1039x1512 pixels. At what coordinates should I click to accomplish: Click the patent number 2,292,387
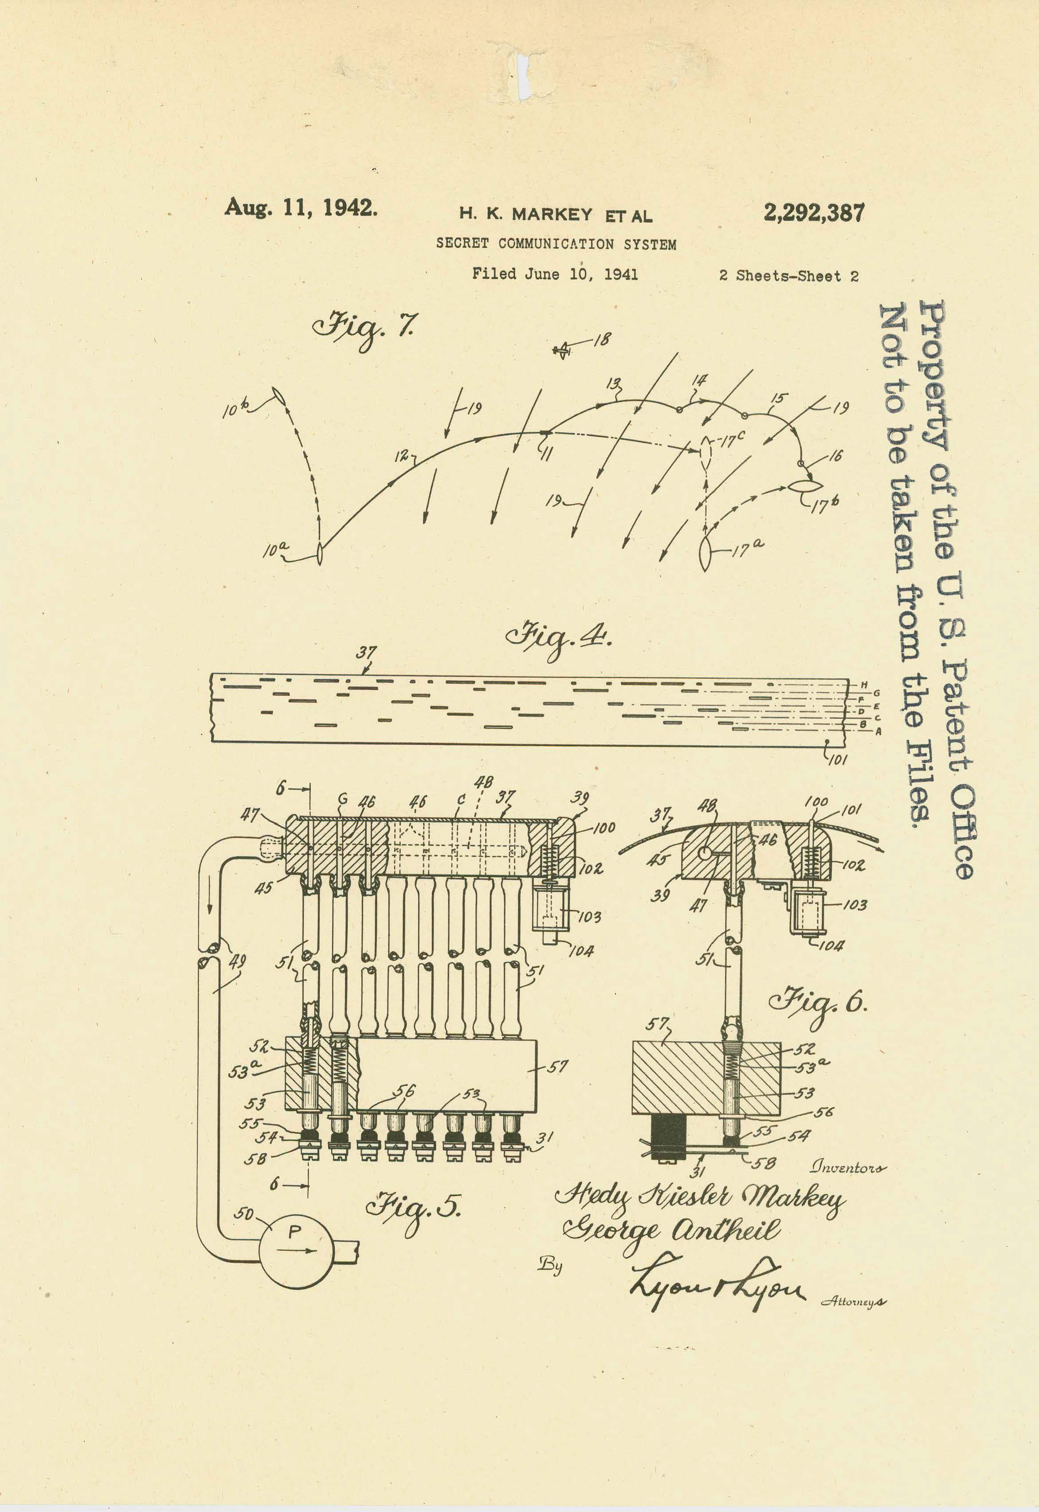coord(814,213)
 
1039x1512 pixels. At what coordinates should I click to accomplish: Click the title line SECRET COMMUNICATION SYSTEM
coord(556,244)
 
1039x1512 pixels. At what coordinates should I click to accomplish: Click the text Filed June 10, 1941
coord(555,274)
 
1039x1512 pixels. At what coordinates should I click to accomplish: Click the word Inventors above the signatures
coord(847,1167)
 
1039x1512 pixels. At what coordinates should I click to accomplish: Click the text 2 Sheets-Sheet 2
coord(788,276)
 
